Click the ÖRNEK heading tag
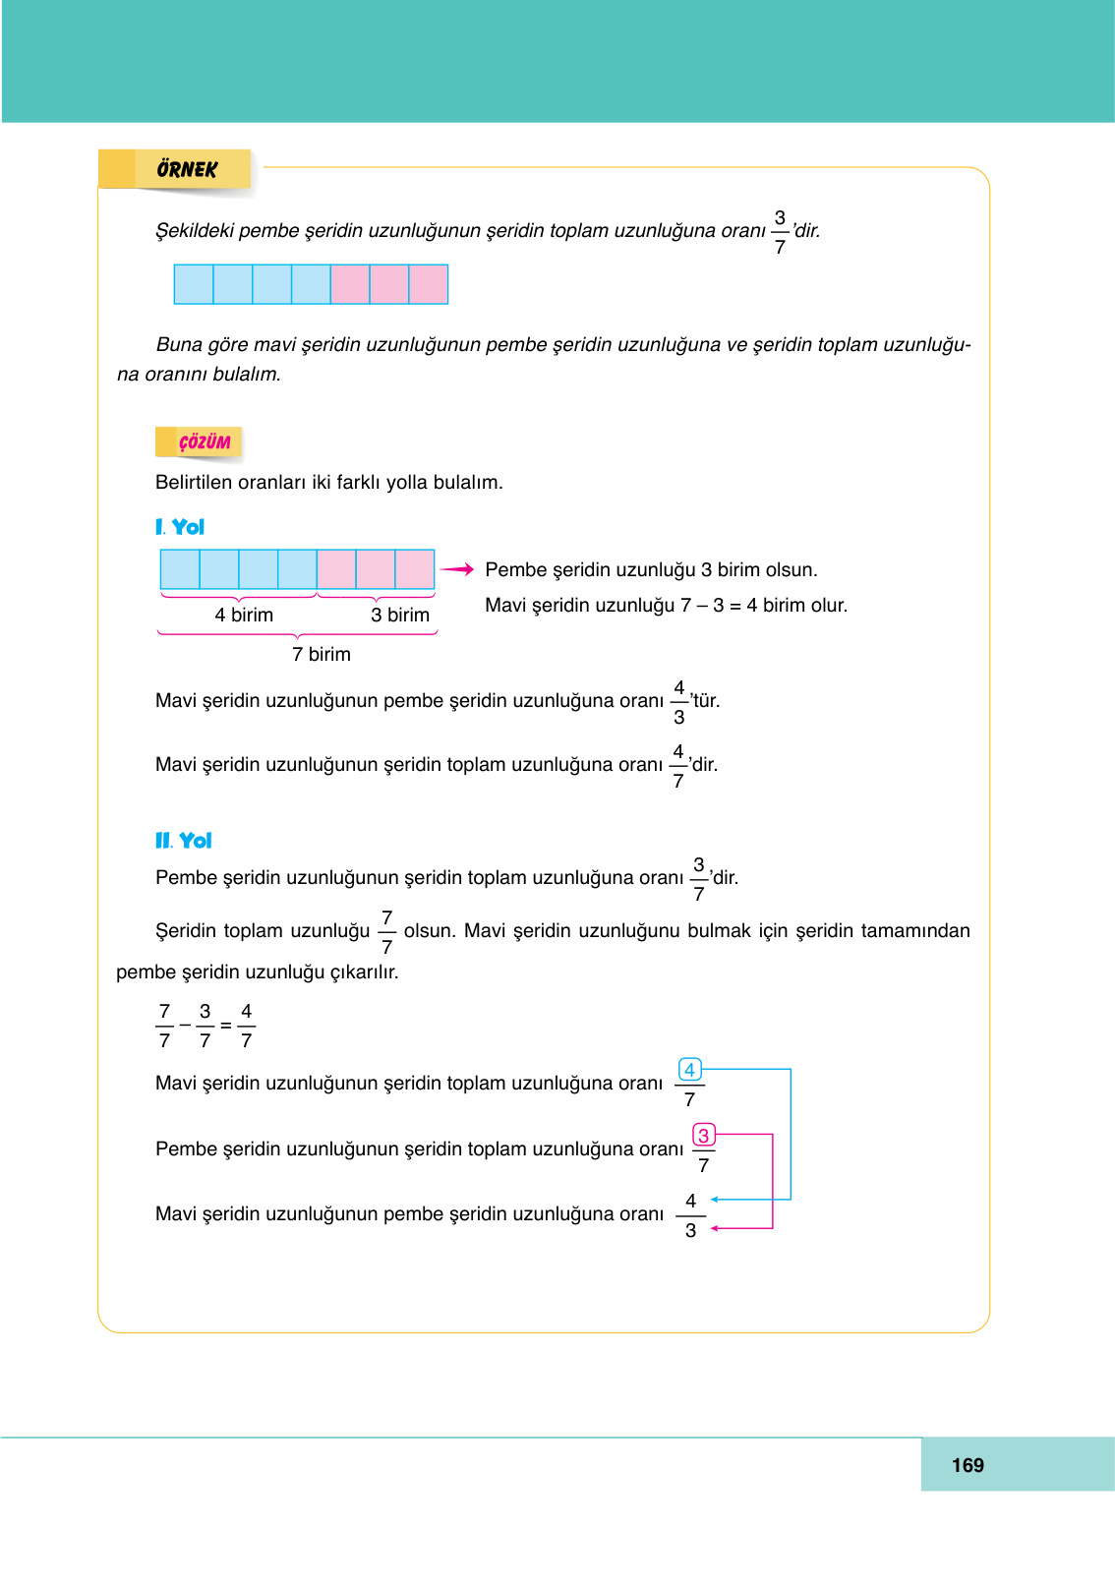tap(187, 169)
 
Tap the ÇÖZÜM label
tap(204, 442)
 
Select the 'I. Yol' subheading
tap(180, 527)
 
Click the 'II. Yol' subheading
tap(184, 841)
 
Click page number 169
tap(968, 1465)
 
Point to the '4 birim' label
tap(244, 615)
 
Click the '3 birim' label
tap(400, 615)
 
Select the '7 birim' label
tap(322, 654)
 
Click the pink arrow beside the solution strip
tap(457, 569)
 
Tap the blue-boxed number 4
tap(689, 1069)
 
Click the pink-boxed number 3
tap(703, 1135)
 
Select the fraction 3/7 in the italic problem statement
tap(780, 232)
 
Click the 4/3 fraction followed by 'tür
tap(679, 702)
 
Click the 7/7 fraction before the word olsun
tap(387, 931)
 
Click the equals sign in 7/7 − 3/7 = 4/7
tap(226, 1026)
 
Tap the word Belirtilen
tap(194, 482)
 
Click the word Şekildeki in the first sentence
tap(195, 230)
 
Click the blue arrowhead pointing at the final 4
tap(715, 1200)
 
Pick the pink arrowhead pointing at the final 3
tap(715, 1228)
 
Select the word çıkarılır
tap(364, 971)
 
